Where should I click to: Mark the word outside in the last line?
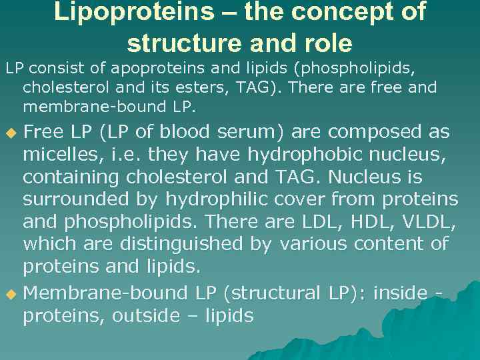tap(145, 315)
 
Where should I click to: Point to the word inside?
tap(400, 293)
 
